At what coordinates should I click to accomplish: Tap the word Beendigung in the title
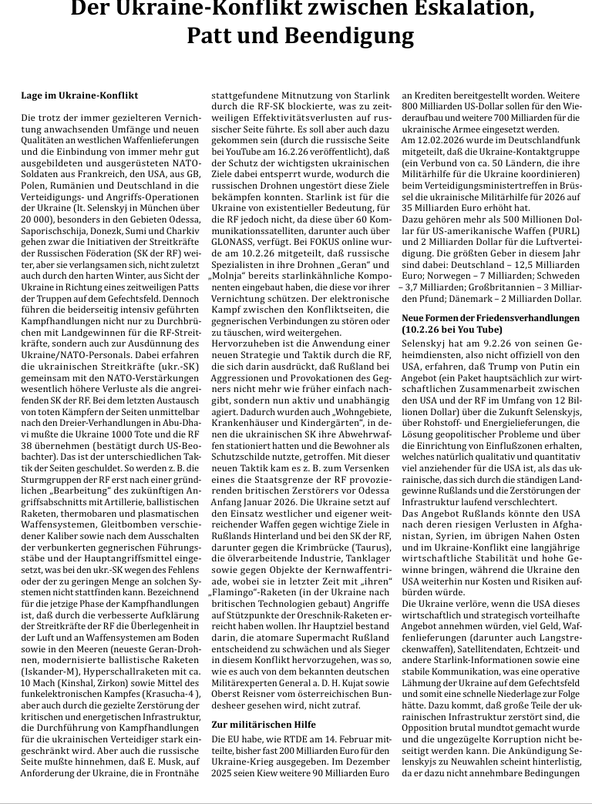351,36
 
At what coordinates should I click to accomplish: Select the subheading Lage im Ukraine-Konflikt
79,95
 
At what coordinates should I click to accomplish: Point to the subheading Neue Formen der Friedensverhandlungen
491,317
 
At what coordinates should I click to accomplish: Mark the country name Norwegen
450,275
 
